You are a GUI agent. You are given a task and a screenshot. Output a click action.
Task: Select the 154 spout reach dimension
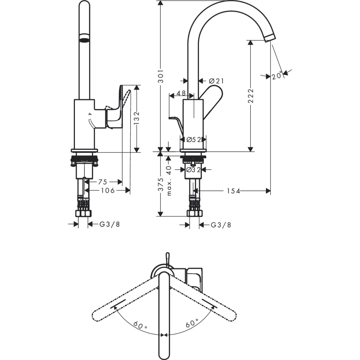(233, 191)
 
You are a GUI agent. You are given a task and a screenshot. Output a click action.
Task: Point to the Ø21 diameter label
(216, 81)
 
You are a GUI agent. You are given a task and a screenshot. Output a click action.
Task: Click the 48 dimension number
(181, 93)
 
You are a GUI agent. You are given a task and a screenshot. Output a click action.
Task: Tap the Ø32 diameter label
(194, 170)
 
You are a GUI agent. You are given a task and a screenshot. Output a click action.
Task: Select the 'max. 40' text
(169, 181)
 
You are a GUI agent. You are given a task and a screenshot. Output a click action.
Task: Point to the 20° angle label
(277, 75)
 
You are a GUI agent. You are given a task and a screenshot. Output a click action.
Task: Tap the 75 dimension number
(103, 181)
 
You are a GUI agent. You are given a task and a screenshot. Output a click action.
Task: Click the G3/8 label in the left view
(110, 224)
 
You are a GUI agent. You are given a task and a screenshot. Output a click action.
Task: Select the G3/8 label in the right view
(221, 225)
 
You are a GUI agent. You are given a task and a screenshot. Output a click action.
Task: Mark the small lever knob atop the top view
(167, 257)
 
